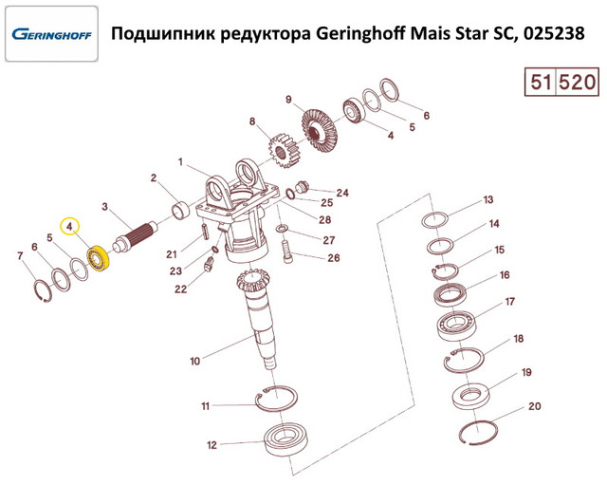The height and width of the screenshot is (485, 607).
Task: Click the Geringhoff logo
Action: pyautogui.click(x=51, y=34)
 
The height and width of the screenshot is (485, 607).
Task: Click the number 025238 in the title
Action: pyautogui.click(x=554, y=34)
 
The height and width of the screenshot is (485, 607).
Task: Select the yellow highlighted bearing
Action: pyautogui.click(x=99, y=258)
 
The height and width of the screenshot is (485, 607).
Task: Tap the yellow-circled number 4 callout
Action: pyautogui.click(x=69, y=227)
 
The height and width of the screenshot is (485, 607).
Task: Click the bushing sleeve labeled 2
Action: pyautogui.click(x=180, y=210)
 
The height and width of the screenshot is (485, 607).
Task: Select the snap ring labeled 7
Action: pyautogui.click(x=43, y=291)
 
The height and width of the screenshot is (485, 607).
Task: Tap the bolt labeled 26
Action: pyautogui.click(x=288, y=252)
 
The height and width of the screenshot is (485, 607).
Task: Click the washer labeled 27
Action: pyautogui.click(x=282, y=229)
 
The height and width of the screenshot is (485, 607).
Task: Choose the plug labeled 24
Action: pyautogui.click(x=302, y=187)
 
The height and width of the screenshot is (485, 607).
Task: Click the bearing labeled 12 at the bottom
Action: pyautogui.click(x=285, y=439)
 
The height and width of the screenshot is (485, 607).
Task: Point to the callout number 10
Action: pyautogui.click(x=194, y=361)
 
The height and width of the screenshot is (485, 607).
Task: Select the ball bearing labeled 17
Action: pyautogui.click(x=457, y=326)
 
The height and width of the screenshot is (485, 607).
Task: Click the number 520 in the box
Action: pyautogui.click(x=577, y=83)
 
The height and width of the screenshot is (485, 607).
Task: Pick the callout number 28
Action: pyautogui.click(x=324, y=219)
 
